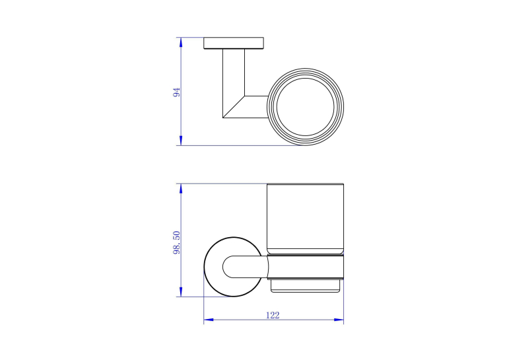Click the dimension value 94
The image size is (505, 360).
point(177,92)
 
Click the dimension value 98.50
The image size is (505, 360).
point(177,242)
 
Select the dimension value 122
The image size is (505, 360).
point(273,315)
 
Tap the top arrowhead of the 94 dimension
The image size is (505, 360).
point(181,42)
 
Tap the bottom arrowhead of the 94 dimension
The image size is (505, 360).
point(181,140)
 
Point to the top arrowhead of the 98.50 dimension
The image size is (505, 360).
point(181,189)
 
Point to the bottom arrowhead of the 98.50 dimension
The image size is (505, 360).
point(181,292)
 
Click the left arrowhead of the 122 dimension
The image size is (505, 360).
point(209,320)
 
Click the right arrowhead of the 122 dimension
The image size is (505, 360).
point(339,320)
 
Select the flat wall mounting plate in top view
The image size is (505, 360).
point(234,43)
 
